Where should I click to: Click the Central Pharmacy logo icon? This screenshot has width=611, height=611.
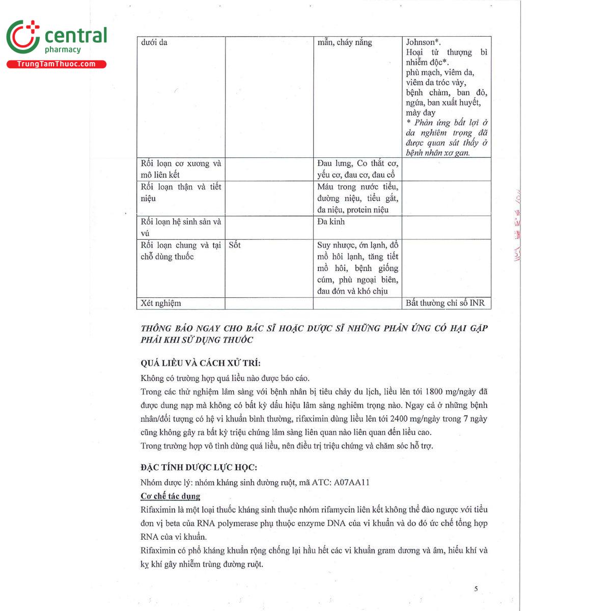tap(23, 37)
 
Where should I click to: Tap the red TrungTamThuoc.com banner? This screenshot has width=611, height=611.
tap(56, 64)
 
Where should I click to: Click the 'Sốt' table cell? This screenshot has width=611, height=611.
tap(235, 245)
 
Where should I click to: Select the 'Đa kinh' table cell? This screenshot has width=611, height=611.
tap(331, 222)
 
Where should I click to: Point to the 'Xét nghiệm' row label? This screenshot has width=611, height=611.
tap(161, 303)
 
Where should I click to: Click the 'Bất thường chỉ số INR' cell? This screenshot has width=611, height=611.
tap(445, 303)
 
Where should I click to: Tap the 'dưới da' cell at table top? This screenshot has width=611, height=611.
tap(154, 42)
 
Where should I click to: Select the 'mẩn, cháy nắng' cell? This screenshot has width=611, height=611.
tap(345, 42)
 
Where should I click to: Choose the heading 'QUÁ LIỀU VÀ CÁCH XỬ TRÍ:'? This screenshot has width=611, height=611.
tap(201, 363)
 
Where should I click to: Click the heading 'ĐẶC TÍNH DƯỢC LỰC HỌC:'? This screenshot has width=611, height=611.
tap(199, 467)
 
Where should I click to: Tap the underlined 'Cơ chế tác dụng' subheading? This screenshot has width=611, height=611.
tap(171, 496)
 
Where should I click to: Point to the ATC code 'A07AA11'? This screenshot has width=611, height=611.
tap(352, 482)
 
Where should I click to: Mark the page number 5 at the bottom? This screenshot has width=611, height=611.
tap(476, 589)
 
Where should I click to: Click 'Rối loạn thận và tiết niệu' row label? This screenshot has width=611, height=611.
tap(181, 192)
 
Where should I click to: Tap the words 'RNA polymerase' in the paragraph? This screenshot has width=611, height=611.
tap(223, 523)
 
